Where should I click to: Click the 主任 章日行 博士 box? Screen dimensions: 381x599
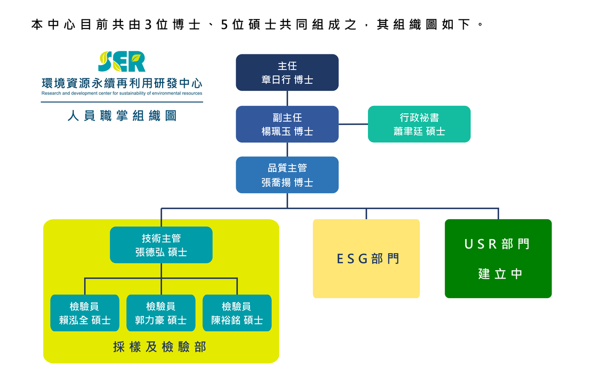point(287,72)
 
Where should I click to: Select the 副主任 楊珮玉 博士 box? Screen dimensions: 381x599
point(287,124)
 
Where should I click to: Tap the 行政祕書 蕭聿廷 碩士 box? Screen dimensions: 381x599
point(419,124)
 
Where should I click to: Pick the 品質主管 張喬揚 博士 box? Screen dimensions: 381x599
point(287,175)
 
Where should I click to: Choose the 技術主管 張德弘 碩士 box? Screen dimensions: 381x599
point(161,245)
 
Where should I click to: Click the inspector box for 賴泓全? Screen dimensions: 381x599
point(85,313)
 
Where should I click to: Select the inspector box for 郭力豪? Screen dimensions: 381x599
point(161,313)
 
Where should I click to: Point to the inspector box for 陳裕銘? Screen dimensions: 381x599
point(237,313)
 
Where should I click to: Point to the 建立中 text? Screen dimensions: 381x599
point(500,274)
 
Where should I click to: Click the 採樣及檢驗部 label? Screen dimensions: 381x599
point(159,347)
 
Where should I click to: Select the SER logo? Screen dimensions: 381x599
point(122,62)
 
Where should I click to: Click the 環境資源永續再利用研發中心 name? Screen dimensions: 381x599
point(122,82)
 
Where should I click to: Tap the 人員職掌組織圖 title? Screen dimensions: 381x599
point(122,116)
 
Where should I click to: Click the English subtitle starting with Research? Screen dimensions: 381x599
point(122,93)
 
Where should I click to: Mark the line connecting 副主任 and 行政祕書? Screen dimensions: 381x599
point(353,124)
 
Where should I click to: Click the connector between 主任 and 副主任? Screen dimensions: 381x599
point(287,98)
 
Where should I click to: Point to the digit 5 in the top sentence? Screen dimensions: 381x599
point(224,24)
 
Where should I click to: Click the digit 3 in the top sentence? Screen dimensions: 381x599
point(148,24)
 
